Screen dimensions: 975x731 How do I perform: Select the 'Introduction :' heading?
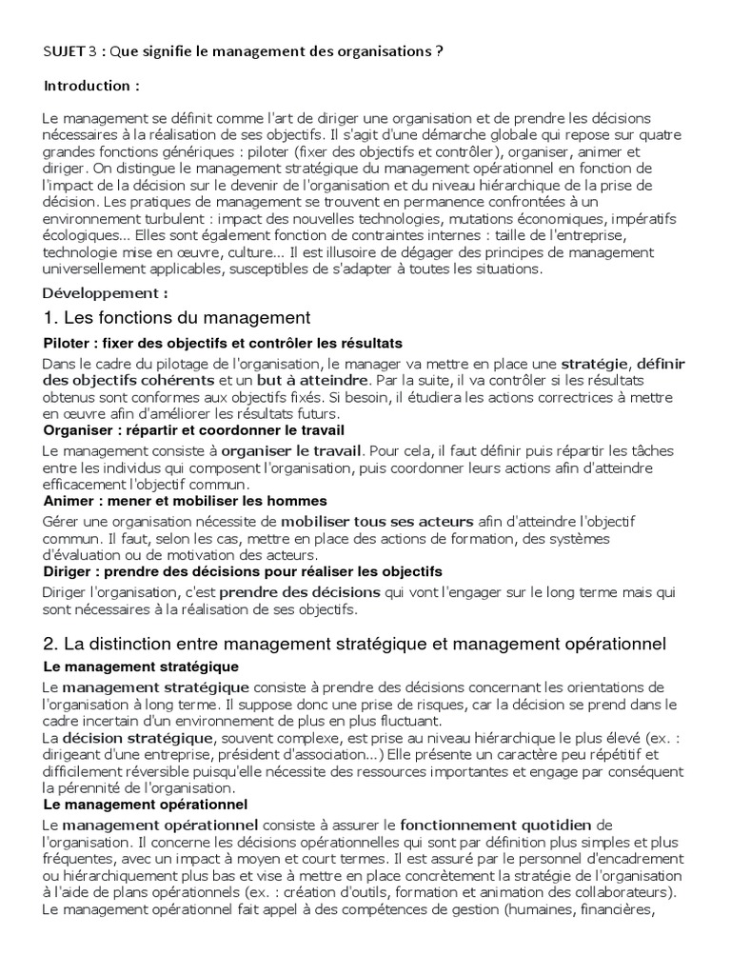point(91,86)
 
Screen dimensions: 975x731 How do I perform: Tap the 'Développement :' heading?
point(106,292)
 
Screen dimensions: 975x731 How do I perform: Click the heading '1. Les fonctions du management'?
point(177,316)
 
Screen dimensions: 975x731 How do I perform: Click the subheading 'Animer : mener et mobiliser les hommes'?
point(185,501)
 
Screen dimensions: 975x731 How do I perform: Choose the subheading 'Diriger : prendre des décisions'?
point(243,571)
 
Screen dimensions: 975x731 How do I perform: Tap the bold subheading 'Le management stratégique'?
point(141,667)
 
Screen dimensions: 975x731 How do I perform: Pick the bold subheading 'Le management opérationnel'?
point(145,805)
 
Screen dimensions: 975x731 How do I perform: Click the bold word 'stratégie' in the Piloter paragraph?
point(595,364)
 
